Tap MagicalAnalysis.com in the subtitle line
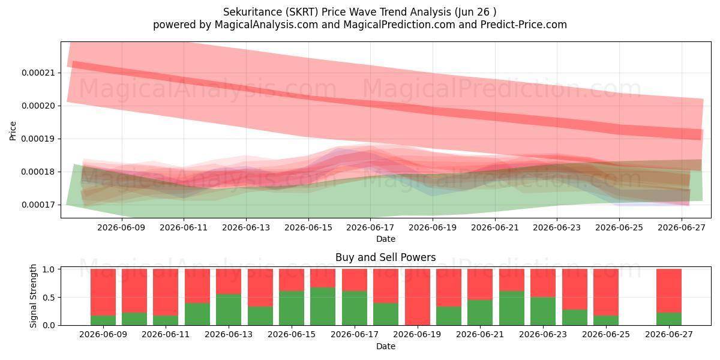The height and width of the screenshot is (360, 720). click(266, 25)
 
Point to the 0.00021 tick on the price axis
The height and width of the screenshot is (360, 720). click(38, 73)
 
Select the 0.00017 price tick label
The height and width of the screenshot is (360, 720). click(38, 205)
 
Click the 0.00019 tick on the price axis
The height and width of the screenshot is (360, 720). click(38, 139)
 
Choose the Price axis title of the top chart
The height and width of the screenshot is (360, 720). click(13, 131)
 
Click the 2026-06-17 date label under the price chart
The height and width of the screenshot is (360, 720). click(370, 227)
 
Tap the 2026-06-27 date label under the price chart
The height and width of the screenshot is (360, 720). click(682, 227)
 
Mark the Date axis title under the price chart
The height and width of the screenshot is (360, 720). click(386, 239)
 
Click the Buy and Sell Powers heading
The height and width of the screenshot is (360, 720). click(386, 257)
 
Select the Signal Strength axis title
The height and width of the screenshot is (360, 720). click(33, 296)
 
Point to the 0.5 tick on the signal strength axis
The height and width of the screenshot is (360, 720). click(49, 298)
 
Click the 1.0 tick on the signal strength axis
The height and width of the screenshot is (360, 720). click(49, 269)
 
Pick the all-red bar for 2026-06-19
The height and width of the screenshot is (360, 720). click(417, 297)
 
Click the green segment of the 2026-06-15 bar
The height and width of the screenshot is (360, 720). click(292, 308)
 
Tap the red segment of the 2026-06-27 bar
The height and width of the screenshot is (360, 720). click(669, 291)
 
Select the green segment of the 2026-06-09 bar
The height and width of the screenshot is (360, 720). click(103, 320)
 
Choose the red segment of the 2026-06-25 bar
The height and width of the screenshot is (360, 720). click(606, 292)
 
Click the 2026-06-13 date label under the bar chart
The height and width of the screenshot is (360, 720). click(229, 335)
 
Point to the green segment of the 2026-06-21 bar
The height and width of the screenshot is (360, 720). click(480, 313)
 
